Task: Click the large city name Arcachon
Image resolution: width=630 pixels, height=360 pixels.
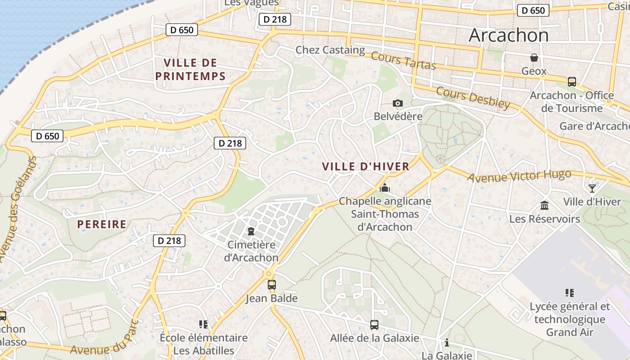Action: (508, 36)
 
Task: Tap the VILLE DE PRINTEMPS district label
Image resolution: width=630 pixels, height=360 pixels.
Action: (190, 69)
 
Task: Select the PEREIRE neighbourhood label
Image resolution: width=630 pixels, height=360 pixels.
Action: (102, 224)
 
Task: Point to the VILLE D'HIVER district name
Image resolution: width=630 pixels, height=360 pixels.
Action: (365, 166)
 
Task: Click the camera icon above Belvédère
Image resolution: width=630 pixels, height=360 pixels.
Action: (397, 103)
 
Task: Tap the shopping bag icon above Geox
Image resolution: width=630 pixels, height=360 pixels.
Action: (534, 58)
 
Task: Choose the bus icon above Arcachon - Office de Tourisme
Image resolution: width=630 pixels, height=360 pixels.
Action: (571, 82)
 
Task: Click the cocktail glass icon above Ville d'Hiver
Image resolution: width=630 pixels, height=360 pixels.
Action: (592, 188)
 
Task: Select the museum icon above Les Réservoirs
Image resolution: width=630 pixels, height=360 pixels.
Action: (544, 206)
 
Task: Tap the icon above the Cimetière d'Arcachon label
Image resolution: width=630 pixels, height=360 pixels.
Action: (251, 231)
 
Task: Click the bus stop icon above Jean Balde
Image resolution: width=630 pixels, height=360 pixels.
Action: (271, 284)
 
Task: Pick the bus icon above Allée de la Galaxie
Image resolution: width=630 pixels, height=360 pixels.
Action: (374, 324)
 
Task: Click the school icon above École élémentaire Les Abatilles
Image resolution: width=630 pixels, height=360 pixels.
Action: (203, 324)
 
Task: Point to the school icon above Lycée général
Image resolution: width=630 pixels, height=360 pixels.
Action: (569, 293)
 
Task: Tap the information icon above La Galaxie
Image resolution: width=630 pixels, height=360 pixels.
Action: (446, 342)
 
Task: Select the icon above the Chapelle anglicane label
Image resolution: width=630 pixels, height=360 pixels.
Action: (384, 188)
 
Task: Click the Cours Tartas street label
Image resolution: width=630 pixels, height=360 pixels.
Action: (403, 62)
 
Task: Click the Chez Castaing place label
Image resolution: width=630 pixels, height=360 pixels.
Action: (330, 50)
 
